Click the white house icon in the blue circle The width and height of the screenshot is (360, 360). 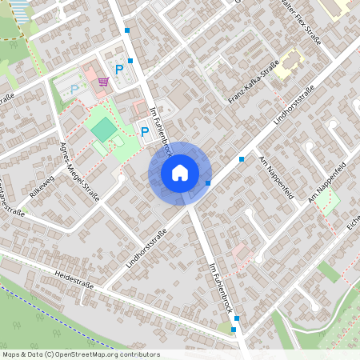180,173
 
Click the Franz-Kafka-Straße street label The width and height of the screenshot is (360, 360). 253,82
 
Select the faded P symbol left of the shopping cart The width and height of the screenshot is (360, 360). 75,90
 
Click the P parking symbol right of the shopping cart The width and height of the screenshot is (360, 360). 120,70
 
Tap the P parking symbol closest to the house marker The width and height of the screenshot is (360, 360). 145,132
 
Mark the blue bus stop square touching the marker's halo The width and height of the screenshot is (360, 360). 208,183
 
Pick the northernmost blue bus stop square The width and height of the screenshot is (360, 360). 127,30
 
